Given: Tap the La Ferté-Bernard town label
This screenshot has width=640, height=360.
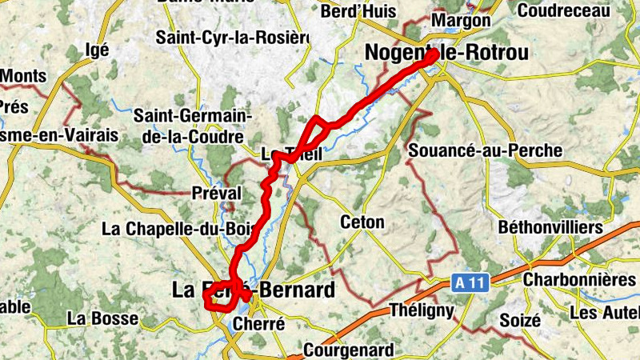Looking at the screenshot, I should [253, 290].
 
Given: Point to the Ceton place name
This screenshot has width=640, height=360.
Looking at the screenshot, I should [362, 222].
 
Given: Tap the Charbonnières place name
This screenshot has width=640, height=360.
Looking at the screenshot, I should [580, 280].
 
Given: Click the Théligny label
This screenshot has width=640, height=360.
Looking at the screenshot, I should [422, 310].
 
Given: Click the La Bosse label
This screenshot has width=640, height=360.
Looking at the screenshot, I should [102, 318].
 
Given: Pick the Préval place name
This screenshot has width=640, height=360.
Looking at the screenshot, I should [217, 192].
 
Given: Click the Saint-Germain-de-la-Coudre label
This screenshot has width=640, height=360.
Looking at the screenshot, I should [192, 126].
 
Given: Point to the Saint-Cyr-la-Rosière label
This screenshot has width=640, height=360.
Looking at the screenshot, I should [232, 37].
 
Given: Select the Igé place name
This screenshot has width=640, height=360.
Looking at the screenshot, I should [96, 49].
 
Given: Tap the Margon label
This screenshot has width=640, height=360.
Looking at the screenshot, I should [460, 19].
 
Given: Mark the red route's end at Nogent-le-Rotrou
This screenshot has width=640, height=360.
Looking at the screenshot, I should [433, 55].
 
